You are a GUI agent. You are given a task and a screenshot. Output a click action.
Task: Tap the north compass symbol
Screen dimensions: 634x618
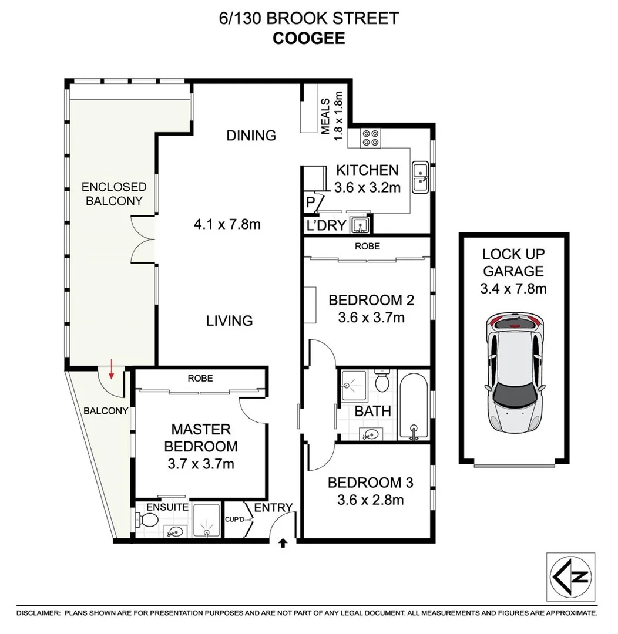tap(570, 575)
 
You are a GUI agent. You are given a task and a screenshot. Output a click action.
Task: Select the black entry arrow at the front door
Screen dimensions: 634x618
tap(284, 543)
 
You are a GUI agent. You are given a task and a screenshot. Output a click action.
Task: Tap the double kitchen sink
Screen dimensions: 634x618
tap(421, 177)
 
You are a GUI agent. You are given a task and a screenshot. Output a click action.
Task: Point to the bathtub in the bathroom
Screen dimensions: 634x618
tap(414, 405)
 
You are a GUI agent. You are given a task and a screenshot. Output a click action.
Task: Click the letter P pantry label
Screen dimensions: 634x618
tap(310, 203)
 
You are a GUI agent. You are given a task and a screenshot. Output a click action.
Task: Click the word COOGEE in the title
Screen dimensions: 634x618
tap(308, 39)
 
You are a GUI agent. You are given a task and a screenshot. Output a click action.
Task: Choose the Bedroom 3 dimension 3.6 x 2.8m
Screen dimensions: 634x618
tap(370, 500)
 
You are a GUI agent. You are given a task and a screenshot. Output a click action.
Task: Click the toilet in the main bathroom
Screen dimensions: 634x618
tap(382, 381)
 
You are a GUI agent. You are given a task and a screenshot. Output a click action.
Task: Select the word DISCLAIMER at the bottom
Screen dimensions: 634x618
tap(38, 613)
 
